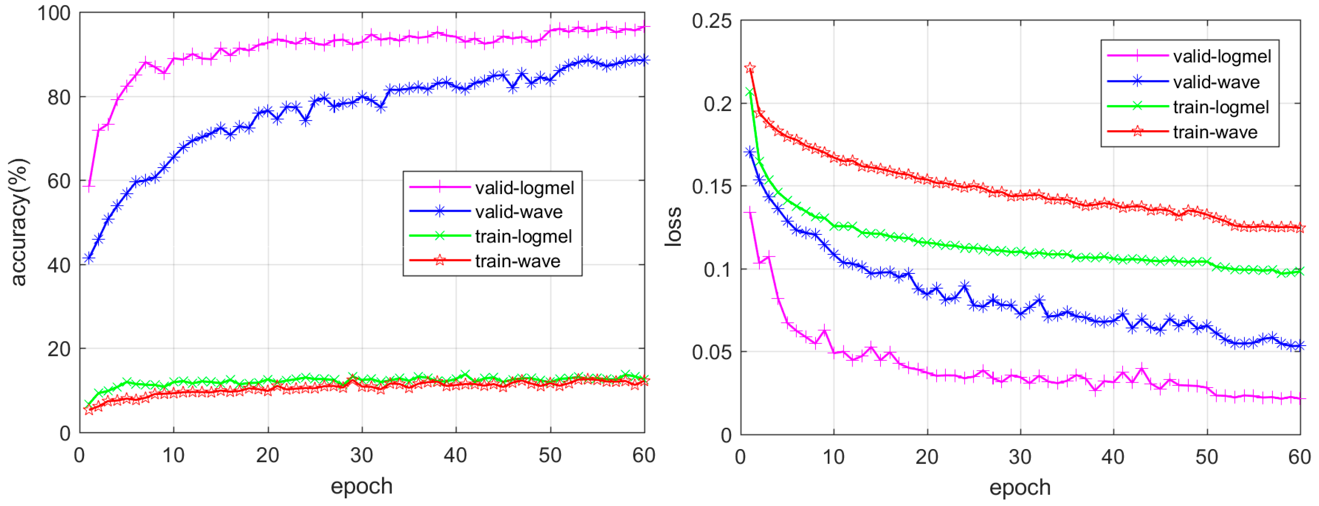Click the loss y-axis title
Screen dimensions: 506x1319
(673, 227)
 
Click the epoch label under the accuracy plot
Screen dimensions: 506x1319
(361, 485)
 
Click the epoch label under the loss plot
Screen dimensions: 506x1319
(1020, 487)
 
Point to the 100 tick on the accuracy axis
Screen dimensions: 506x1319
(54, 13)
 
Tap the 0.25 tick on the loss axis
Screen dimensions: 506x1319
(711, 21)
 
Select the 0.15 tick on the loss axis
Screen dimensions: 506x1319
(711, 186)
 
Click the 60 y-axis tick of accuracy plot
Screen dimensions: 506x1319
(59, 181)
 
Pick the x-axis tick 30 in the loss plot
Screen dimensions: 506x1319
(1020, 456)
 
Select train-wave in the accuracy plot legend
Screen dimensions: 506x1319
(517, 261)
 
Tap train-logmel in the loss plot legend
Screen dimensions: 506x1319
(1221, 107)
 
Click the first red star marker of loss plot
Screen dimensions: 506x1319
(750, 68)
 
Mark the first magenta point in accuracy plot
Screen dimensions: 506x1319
(89, 188)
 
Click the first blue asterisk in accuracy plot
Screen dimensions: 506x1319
(89, 259)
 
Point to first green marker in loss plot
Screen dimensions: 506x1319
(750, 92)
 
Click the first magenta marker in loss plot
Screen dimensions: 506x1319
(750, 212)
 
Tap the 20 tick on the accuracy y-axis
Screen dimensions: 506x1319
(59, 349)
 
